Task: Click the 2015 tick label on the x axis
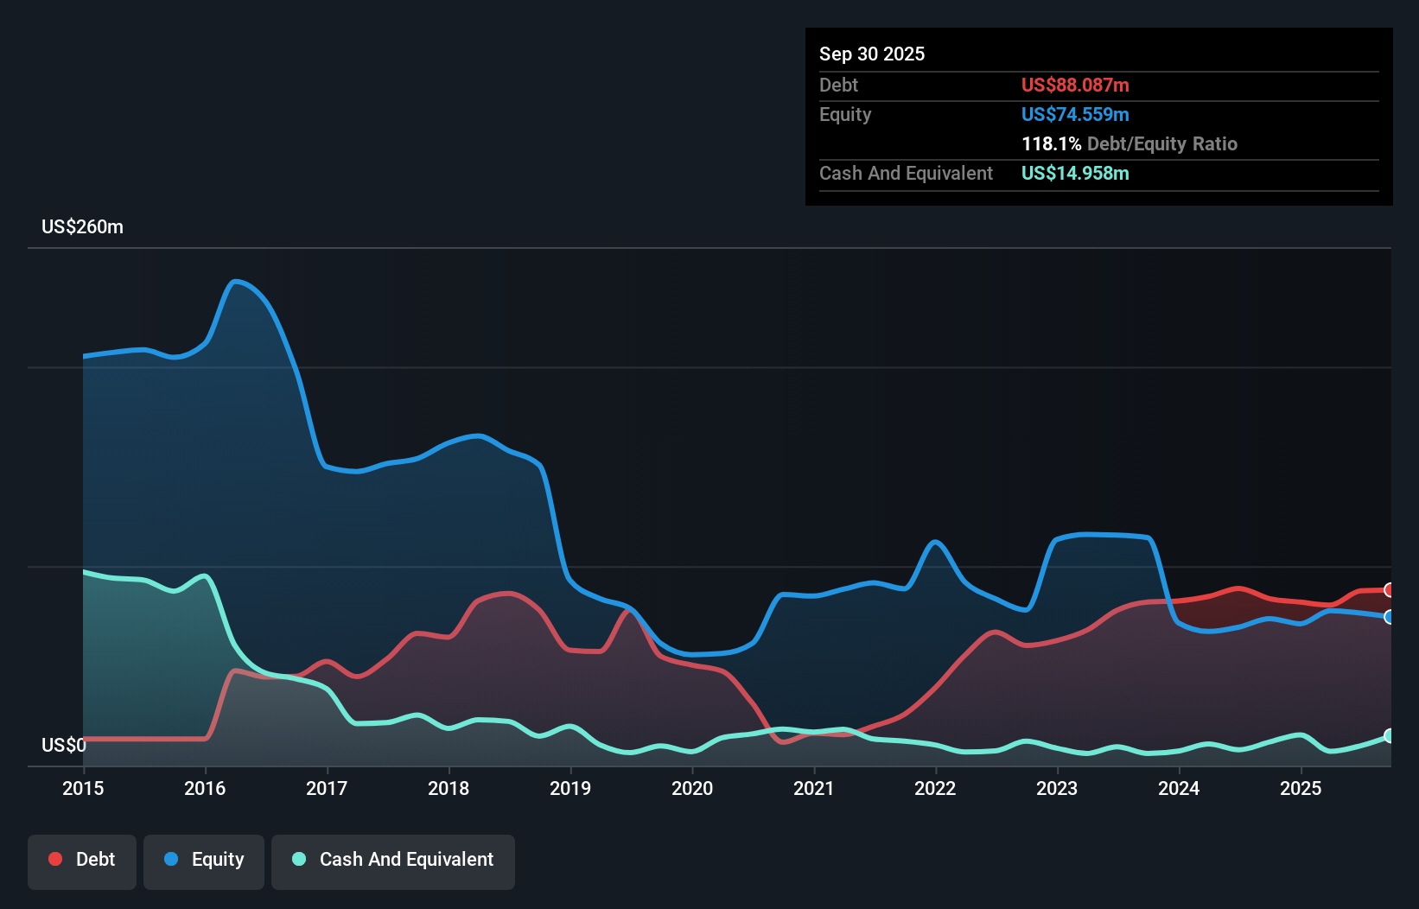83,788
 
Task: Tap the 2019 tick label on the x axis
570,788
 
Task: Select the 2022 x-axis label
935,788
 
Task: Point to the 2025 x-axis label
1301,788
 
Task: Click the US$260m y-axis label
82,226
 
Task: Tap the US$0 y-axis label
63,745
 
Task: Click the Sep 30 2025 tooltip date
871,54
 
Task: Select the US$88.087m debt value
1075,85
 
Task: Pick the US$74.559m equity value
1075,114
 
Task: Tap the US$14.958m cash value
1075,173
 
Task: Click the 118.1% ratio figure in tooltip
1051,143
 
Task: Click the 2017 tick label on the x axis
327,788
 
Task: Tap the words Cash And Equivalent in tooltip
906,173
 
